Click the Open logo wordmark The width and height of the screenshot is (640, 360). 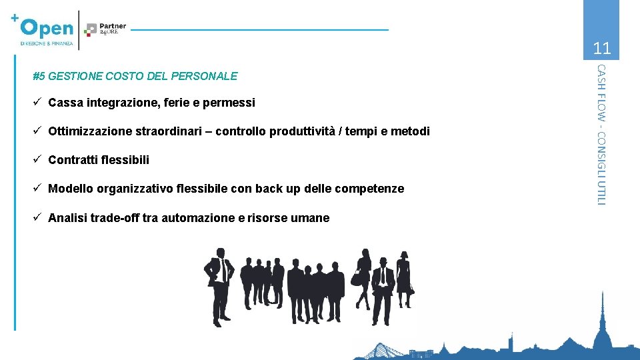47,27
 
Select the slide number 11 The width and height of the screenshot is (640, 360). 601,48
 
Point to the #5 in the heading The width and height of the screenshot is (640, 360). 39,76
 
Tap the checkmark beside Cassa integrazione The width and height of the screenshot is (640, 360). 38,102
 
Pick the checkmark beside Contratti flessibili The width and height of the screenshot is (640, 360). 38,159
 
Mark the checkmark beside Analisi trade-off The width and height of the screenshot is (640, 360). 38,217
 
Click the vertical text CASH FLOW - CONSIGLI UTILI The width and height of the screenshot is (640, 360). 601,133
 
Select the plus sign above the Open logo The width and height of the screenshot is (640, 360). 15,18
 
